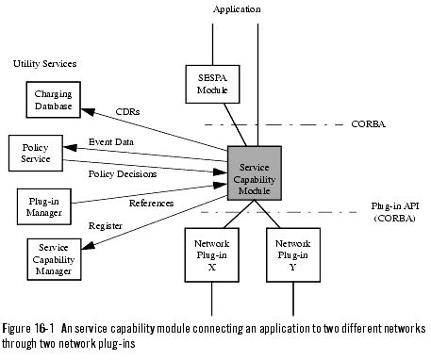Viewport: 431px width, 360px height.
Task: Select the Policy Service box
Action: point(35,155)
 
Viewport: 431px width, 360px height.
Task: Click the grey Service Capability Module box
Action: point(255,173)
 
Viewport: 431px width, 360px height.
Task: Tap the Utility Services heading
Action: point(45,64)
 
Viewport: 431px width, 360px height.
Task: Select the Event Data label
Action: point(112,142)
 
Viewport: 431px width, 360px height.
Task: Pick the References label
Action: point(150,203)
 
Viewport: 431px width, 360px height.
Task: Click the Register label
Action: point(106,227)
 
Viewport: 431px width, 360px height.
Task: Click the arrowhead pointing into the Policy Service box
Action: point(67,152)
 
